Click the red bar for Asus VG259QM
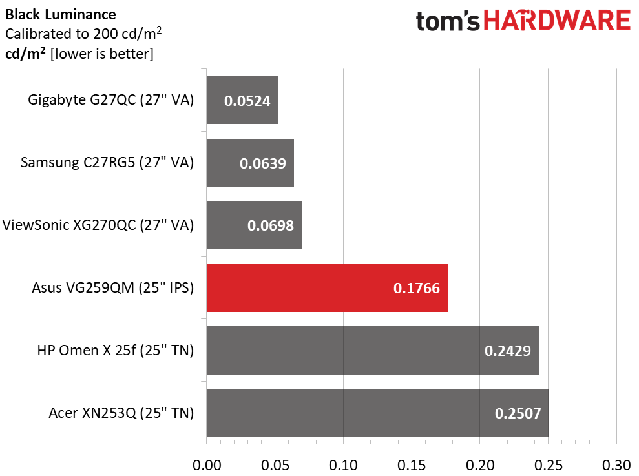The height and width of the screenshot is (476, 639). tap(326, 288)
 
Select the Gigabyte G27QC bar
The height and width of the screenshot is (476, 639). tap(242, 100)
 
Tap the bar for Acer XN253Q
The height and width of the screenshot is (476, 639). tap(377, 413)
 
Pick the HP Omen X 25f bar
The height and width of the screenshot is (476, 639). tap(372, 350)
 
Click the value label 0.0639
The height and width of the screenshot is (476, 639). tap(262, 163)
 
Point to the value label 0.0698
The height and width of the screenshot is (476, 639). tap(271, 226)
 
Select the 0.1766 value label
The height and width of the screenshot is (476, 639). tap(416, 288)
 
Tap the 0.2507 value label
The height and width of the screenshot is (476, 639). tap(518, 413)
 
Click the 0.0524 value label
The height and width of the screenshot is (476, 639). tap(247, 101)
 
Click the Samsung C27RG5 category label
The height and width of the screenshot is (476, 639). tap(107, 163)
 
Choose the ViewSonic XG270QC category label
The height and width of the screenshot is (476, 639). tap(98, 225)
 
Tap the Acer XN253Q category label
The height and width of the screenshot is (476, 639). tap(121, 413)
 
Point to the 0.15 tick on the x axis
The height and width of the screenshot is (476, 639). tap(412, 464)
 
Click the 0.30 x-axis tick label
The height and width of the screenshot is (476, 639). tap(616, 464)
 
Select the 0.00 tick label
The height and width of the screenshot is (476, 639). tap(207, 464)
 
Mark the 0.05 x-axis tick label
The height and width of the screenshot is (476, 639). tap(275, 464)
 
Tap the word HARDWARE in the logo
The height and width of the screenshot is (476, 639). tap(558, 21)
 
